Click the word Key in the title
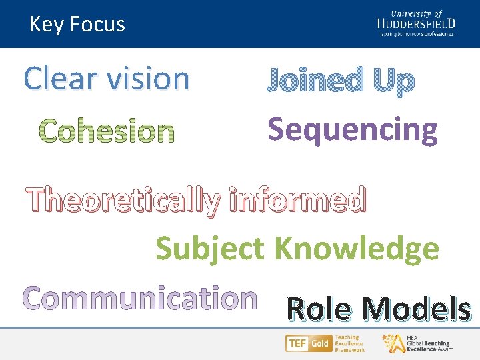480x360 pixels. tap(47, 25)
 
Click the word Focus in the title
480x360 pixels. tap(97, 25)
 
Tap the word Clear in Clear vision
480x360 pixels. tap(58, 79)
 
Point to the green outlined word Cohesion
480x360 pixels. tap(107, 131)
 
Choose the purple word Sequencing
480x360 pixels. tap(353, 129)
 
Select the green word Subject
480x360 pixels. tap(210, 249)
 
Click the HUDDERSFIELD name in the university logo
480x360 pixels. tap(415, 23)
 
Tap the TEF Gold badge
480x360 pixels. tap(308, 344)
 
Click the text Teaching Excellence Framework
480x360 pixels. tap(349, 343)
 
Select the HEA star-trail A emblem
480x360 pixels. tap(391, 343)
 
